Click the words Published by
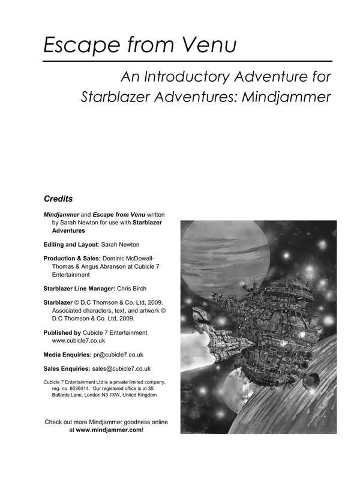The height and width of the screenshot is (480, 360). [x=62, y=332]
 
